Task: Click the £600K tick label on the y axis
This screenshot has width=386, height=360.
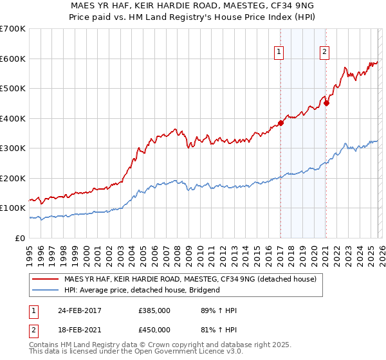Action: [x=13, y=59]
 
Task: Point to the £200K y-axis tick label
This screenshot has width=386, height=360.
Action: [x=13, y=178]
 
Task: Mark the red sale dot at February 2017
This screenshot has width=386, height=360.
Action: [x=280, y=123]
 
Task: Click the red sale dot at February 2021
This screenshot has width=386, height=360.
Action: [x=326, y=103]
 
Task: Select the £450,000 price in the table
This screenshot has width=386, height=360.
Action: [x=154, y=330]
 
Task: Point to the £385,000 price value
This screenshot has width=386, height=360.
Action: [x=154, y=310]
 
